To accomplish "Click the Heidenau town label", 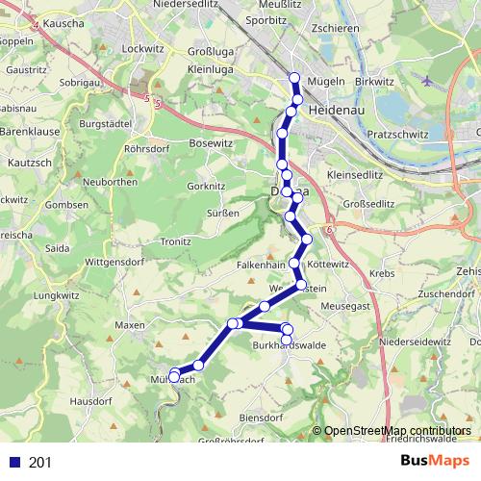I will tap(334, 112).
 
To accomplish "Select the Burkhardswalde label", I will tap(289, 344).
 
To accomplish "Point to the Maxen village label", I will tap(129, 326).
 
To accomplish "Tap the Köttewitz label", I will tap(326, 264).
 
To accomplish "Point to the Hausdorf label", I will tap(91, 400).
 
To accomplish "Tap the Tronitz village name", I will tap(176, 241).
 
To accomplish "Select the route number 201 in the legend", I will tap(40, 463).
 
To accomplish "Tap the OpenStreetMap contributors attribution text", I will tap(397, 431).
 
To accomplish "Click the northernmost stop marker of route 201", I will tap(294, 78).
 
